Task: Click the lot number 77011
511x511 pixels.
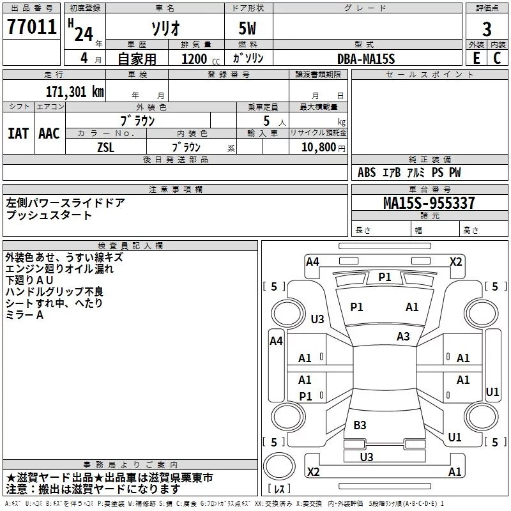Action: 31,27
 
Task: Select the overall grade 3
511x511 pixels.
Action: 487,29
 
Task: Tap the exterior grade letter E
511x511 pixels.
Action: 477,58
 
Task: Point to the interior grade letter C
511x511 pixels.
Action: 497,58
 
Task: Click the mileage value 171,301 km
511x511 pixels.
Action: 75,92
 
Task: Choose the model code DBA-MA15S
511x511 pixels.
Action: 366,59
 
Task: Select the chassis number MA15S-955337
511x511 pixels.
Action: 429,202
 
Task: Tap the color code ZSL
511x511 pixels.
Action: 105,148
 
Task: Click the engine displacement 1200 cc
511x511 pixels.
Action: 201,59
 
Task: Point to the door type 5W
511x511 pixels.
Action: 247,28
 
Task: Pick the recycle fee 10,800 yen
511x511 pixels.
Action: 323,148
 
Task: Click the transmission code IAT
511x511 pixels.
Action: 19,133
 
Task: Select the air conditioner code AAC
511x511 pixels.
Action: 49,133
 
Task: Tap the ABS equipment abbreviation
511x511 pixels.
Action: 367,172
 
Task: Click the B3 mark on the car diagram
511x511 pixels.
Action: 360,425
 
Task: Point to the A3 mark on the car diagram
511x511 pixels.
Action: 403,337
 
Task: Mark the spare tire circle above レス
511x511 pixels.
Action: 279,466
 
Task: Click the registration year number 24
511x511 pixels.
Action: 84,34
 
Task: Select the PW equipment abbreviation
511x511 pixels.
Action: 455,172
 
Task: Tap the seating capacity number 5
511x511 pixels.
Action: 266,121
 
